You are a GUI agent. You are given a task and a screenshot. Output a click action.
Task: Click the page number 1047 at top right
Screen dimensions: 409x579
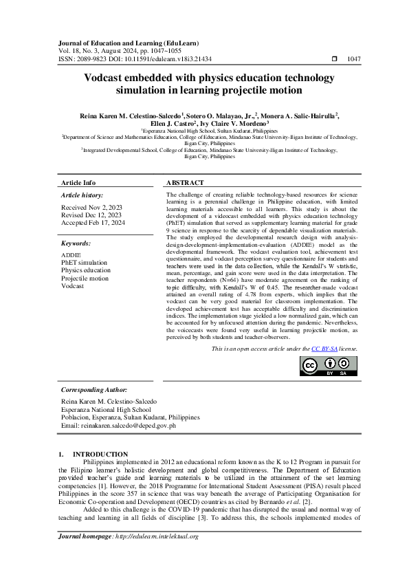tap(354, 60)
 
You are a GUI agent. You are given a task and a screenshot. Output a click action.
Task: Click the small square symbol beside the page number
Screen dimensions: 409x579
tap(334, 60)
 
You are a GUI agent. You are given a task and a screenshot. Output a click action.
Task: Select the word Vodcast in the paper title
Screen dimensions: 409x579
tap(106, 78)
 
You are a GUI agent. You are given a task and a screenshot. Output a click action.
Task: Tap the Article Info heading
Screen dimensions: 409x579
tap(79, 183)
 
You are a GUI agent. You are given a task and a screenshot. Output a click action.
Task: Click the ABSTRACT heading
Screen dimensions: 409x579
tap(185, 183)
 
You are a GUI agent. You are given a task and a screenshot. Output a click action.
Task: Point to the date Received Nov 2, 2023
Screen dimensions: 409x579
tap(91, 207)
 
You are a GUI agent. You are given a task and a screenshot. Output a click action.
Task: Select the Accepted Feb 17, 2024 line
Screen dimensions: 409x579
tap(93, 223)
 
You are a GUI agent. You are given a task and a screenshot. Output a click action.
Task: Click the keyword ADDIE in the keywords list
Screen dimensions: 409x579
tap(71, 255)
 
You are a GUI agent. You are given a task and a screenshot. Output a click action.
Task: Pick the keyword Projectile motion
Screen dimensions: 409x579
tap(85, 278)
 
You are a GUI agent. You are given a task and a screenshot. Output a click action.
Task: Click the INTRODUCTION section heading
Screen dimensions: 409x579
tap(100, 455)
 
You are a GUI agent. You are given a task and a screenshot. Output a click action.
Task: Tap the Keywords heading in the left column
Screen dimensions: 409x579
tap(76, 243)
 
